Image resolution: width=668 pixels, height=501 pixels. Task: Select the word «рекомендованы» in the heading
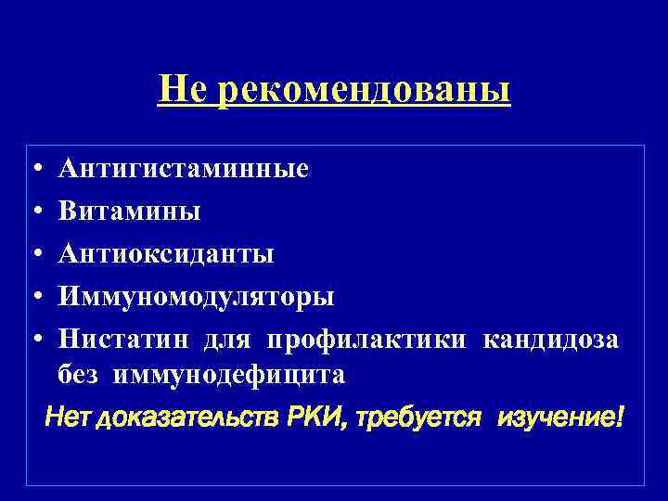pos(364,92)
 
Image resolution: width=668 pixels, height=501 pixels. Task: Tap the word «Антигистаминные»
pos(184,170)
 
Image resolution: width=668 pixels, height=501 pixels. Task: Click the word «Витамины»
pos(129,212)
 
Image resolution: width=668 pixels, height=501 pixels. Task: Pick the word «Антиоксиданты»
pos(166,254)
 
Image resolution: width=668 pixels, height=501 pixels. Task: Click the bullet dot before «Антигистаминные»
pos(32,171)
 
